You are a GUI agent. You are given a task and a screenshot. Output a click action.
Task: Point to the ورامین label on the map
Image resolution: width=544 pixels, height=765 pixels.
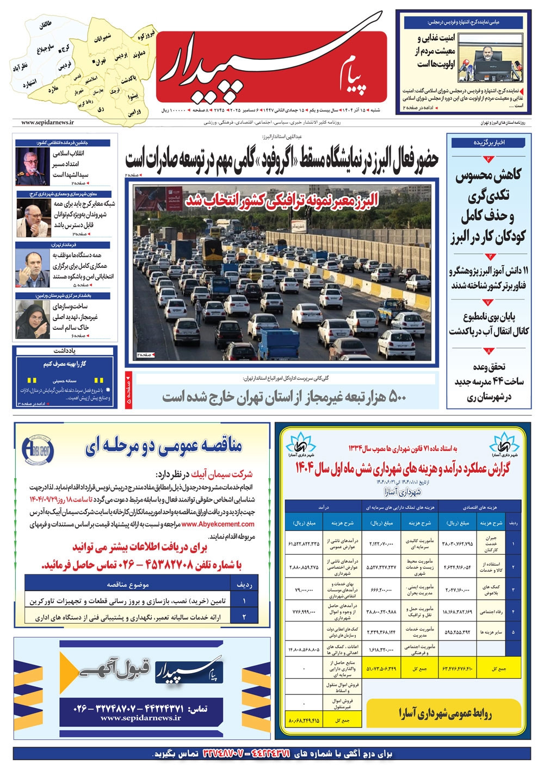[x=135, y=112]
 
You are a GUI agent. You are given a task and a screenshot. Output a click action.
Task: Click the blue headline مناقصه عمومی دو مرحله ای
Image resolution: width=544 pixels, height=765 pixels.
[x=163, y=447]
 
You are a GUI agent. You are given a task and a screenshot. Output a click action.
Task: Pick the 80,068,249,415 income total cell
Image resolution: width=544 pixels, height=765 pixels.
[x=304, y=720]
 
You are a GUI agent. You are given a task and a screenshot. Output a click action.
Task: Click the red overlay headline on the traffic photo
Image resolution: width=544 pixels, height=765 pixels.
[x=281, y=200]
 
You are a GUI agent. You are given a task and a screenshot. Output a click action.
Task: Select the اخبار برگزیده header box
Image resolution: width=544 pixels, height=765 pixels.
[x=489, y=143]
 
